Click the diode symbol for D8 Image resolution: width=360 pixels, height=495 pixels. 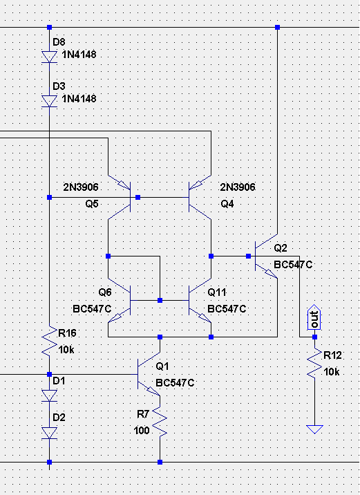point(49,57)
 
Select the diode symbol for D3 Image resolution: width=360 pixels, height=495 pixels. point(49,102)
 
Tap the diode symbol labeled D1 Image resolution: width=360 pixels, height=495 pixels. point(49,395)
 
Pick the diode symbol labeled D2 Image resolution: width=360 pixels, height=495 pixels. point(49,433)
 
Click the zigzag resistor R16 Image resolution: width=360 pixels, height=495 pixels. point(49,341)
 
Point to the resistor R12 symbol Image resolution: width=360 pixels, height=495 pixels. point(314,363)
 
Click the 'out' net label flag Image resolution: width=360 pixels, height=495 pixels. point(314,317)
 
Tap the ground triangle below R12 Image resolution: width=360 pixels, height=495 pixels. point(314,429)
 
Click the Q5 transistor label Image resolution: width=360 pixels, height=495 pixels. point(92,204)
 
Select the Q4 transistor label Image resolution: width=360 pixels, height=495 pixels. point(227,204)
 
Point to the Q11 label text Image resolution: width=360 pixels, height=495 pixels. point(217,292)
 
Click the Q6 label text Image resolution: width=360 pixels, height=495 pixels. point(105,292)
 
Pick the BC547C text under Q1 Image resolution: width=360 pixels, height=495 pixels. point(175,383)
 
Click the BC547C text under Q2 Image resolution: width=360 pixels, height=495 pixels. point(293,265)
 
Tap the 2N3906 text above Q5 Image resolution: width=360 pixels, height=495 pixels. point(81,187)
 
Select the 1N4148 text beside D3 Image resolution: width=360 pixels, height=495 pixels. point(79,99)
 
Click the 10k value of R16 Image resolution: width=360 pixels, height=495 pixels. point(66,350)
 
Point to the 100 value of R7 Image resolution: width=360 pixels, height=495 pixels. point(142,430)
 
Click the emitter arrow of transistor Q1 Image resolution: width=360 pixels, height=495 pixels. point(153,391)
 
